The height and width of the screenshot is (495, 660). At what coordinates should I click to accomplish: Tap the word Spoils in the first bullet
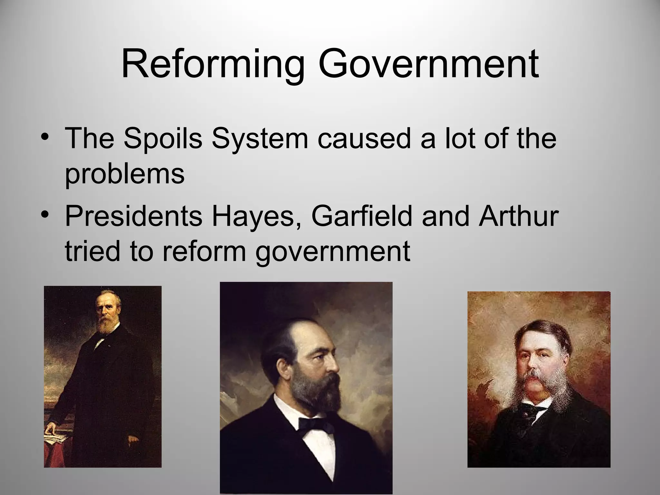coord(163,139)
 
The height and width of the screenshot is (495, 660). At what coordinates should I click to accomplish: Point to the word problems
coord(125,174)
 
